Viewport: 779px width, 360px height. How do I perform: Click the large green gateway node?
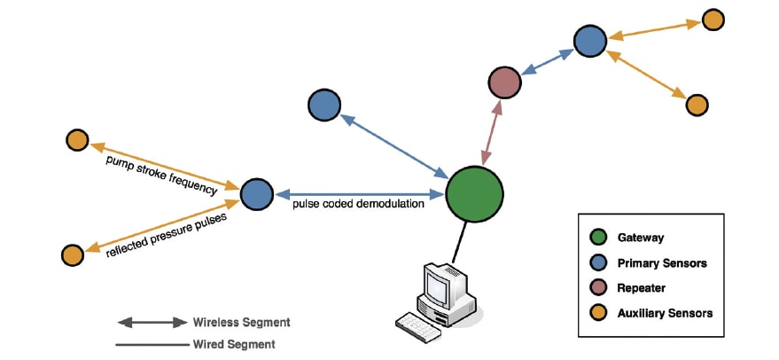(474, 194)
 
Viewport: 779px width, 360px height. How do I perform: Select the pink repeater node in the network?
(504, 82)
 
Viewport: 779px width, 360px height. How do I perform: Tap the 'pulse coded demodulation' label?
(358, 204)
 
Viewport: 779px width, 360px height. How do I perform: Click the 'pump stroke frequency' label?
(162, 176)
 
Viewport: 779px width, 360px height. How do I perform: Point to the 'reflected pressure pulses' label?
(167, 235)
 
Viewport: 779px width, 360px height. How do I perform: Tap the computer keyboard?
(417, 326)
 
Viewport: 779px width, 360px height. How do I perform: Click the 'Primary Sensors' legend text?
(662, 262)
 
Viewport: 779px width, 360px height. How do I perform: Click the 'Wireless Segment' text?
(241, 322)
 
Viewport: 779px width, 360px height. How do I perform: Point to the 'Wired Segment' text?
(233, 344)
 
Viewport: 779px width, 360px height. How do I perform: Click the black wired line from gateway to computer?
(459, 242)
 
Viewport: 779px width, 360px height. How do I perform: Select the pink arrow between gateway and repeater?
(492, 133)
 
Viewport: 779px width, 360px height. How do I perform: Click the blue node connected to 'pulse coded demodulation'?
(257, 194)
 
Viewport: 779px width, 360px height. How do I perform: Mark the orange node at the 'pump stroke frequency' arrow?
(77, 140)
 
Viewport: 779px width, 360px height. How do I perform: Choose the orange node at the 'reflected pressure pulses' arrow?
(73, 255)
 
